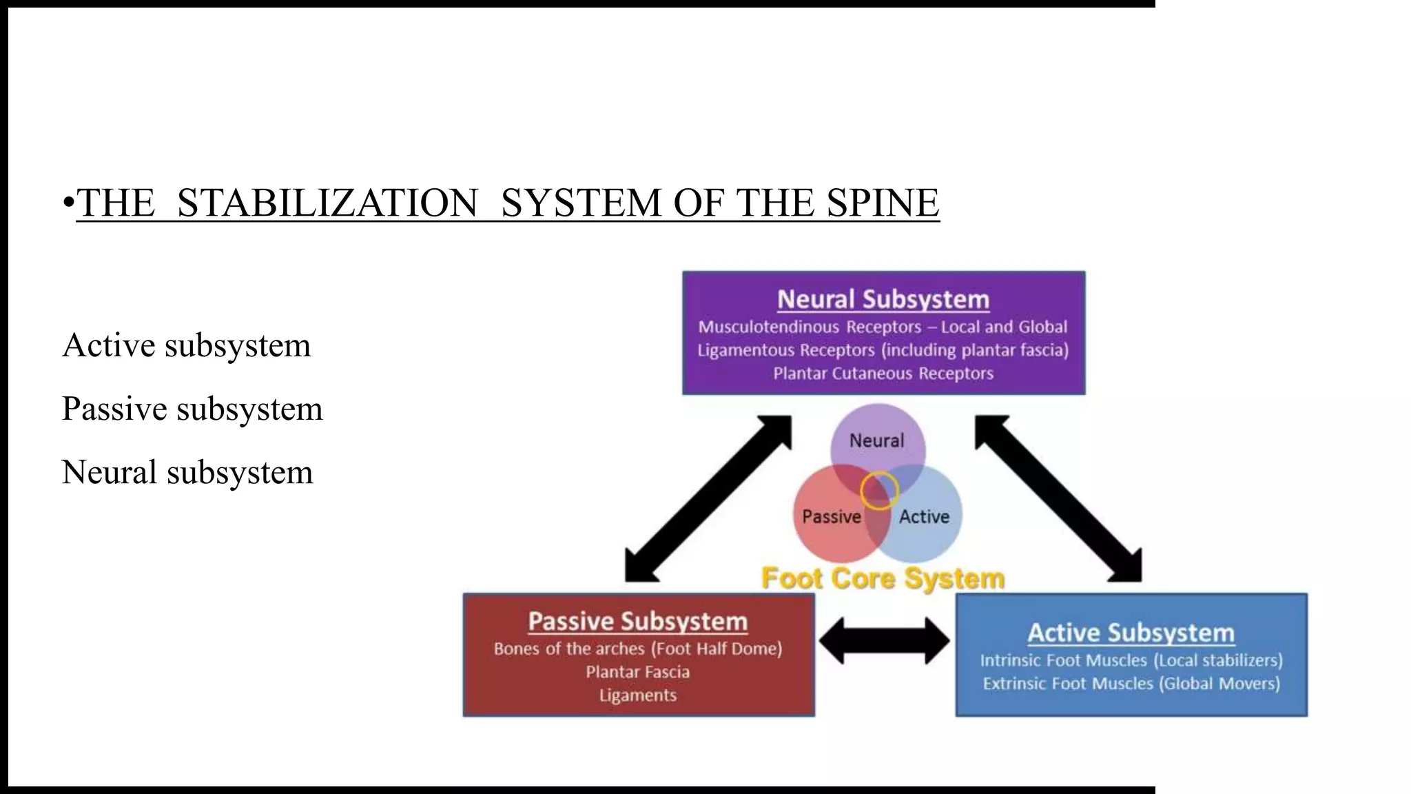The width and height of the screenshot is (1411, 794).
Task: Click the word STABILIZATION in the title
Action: pos(327,203)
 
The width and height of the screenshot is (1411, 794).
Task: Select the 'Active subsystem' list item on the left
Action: pos(186,345)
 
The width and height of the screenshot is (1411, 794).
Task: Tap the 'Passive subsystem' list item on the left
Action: pos(192,409)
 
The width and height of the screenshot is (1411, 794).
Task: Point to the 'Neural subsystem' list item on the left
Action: pos(187,473)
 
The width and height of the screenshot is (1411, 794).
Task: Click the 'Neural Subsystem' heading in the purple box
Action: pos(883,299)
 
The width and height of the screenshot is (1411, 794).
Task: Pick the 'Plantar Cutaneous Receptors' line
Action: pos(883,374)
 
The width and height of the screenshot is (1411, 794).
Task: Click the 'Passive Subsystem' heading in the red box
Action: pos(638,622)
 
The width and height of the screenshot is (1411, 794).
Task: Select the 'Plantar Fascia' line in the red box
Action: pos(638,672)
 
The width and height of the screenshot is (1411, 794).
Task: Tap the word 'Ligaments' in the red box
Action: pos(638,695)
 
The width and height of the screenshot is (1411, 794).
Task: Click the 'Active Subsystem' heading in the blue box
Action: pos(1131,633)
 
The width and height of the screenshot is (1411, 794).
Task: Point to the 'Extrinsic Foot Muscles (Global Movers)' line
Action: pos(1131,684)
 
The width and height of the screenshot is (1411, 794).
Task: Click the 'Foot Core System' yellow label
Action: pos(883,578)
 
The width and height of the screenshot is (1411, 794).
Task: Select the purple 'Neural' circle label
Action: pos(876,440)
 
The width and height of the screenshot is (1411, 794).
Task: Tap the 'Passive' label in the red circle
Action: pos(832,517)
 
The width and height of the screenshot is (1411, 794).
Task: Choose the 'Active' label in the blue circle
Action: pos(924,517)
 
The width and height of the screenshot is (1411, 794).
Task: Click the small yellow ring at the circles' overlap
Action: pos(879,490)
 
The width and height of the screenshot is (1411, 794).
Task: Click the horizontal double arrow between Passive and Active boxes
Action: pos(885,641)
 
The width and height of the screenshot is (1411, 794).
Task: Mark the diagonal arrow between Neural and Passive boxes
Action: pos(708,498)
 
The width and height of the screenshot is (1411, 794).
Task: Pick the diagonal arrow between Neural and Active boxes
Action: pos(1058,498)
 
